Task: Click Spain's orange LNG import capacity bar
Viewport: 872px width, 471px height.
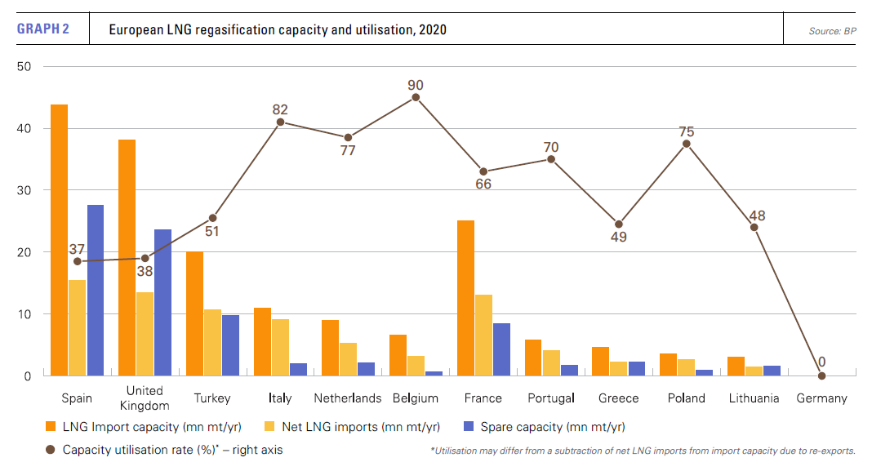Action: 59,240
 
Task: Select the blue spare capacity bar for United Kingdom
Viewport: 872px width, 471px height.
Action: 162,302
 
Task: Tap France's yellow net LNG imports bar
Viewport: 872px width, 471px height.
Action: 483,335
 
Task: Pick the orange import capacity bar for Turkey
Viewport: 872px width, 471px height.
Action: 194,313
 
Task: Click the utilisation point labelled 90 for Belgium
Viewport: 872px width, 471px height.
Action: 416,97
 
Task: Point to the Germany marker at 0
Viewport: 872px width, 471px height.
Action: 821,375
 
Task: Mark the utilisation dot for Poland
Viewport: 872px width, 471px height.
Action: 687,144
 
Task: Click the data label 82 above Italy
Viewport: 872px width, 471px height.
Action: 280,109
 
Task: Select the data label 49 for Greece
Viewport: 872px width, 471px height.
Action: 618,238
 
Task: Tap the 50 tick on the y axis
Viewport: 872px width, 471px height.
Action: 24,67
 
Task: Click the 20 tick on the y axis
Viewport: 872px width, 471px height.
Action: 24,252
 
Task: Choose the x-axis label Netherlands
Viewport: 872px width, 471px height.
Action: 348,398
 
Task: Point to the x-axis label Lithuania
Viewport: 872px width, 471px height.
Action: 754,398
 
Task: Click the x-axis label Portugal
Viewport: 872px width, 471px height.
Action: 550,398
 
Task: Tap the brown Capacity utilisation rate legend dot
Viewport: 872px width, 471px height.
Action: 50,449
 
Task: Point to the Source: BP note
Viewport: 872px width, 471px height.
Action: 831,31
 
